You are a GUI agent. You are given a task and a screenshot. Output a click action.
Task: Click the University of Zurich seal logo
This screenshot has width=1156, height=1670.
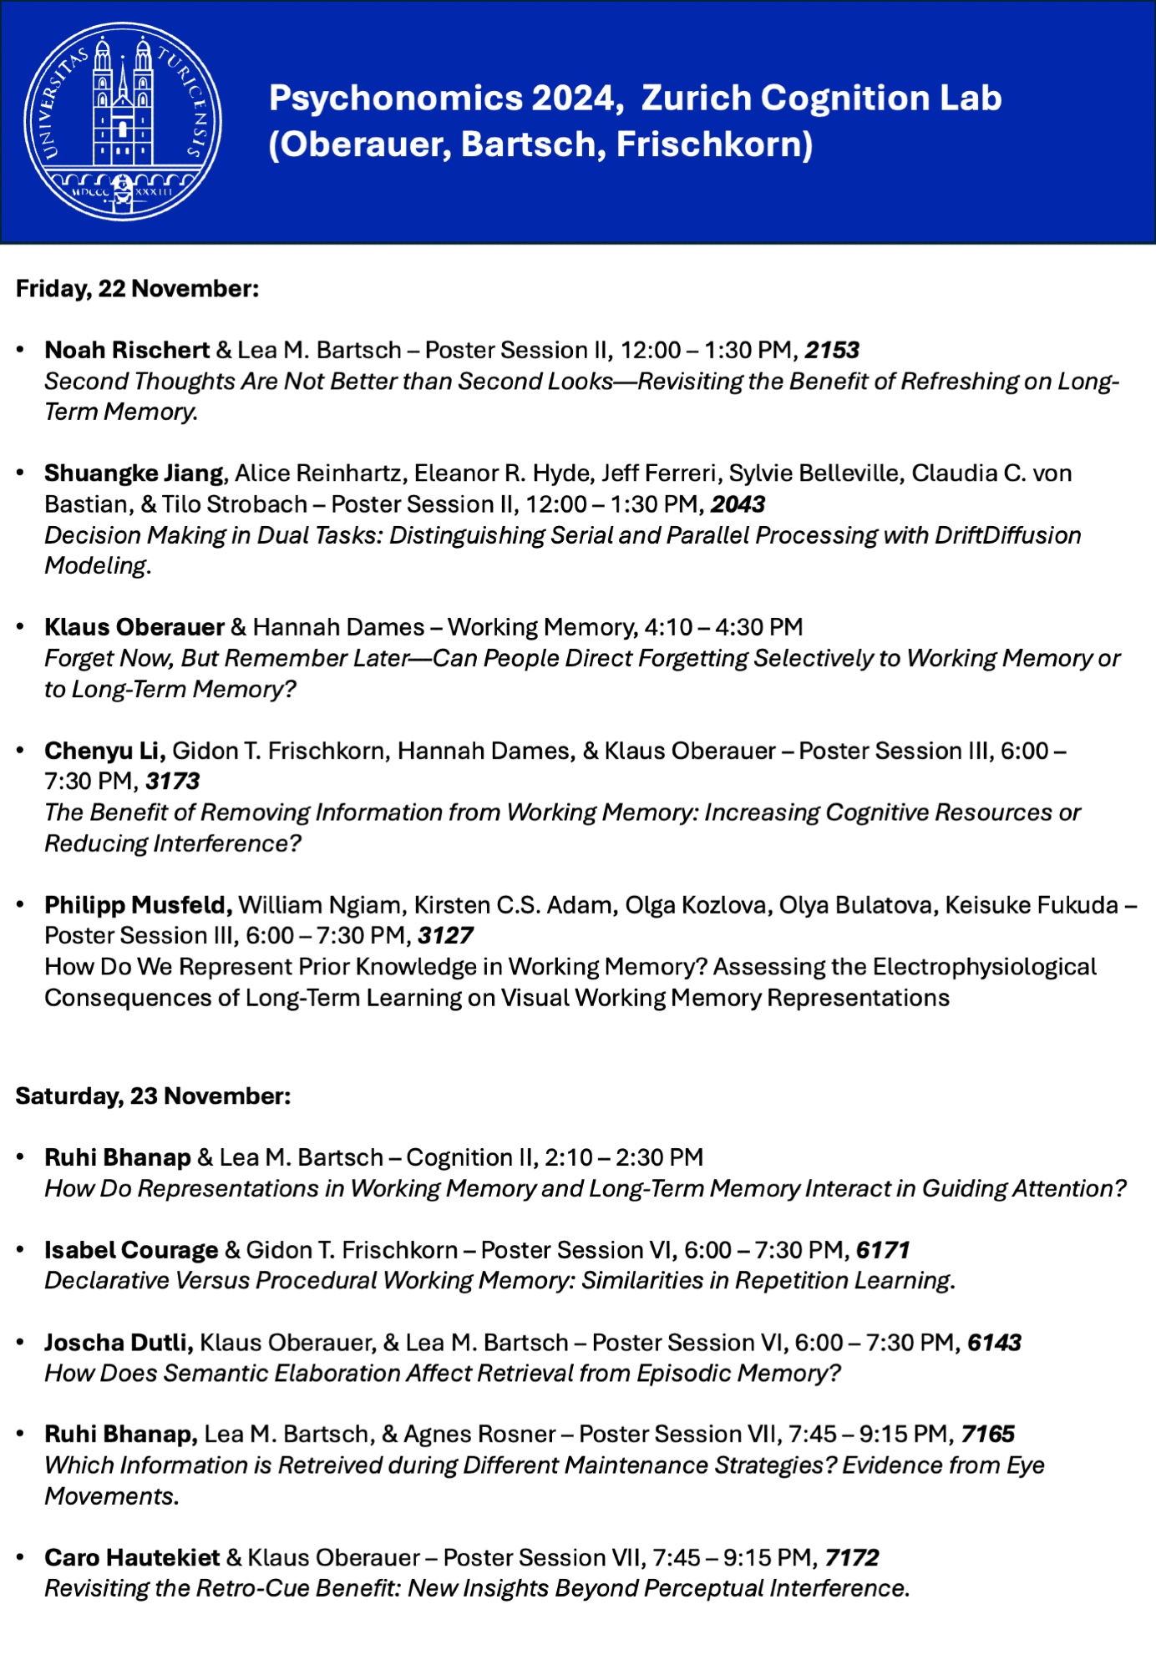click(123, 122)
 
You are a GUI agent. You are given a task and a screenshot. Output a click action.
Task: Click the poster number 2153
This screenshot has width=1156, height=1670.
click(832, 350)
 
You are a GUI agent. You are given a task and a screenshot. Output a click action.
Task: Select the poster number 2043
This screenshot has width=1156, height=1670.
click(738, 504)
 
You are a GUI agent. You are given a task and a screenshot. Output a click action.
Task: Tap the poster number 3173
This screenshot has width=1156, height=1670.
click(172, 782)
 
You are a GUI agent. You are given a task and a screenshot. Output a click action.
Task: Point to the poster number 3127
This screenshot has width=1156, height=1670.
click(445, 935)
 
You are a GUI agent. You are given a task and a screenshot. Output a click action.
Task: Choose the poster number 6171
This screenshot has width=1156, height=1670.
click(882, 1250)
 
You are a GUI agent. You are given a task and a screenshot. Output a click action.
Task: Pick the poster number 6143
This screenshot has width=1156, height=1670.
click(994, 1343)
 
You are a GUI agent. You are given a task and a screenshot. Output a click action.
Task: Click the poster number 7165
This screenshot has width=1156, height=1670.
click(987, 1435)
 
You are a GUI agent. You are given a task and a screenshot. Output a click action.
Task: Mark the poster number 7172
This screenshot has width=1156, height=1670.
click(852, 1558)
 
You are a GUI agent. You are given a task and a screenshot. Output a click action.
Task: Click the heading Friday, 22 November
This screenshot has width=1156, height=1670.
click(137, 289)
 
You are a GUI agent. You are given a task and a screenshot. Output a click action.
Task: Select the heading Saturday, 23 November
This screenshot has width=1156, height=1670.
click(153, 1096)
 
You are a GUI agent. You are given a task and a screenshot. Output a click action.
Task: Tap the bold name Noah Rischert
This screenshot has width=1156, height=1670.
click(127, 350)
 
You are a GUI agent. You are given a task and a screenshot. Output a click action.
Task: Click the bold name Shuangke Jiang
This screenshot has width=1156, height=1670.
click(134, 473)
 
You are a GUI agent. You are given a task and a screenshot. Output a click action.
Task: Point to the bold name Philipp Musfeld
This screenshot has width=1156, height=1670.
click(138, 905)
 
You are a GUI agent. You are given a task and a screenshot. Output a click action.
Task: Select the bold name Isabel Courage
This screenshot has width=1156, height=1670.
click(131, 1250)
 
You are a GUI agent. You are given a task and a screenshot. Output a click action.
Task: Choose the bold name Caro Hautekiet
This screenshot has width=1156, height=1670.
click(132, 1558)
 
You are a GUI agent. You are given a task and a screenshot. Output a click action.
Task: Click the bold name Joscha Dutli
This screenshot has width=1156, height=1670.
click(119, 1343)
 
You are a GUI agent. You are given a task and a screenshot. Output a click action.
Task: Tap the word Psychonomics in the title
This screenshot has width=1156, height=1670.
click(395, 99)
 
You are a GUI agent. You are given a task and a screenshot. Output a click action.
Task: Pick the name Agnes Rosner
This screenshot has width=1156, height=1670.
click(479, 1435)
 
